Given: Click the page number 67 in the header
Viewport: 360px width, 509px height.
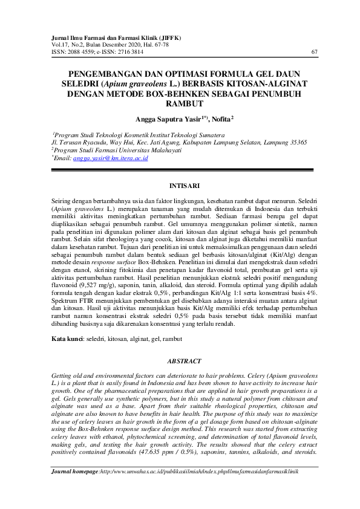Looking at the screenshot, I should coord(314,52).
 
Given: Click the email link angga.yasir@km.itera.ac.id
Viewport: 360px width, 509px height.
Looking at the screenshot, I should coord(111,158).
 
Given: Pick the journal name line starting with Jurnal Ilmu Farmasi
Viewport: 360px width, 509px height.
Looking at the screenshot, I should coord(112,38).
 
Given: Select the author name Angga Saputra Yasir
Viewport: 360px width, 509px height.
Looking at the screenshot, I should coord(158,120).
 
